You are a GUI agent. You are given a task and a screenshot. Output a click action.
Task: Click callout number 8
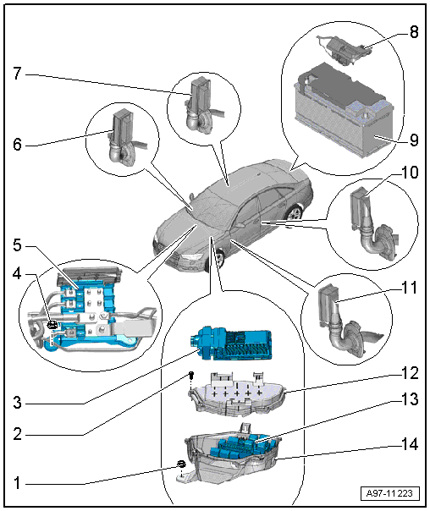[414, 32]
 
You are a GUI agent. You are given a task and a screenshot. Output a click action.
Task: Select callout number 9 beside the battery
[414, 140]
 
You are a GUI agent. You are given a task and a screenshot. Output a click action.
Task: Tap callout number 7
[18, 74]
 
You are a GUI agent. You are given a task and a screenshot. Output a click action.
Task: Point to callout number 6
[18, 145]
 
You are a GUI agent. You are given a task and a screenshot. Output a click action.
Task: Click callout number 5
[18, 245]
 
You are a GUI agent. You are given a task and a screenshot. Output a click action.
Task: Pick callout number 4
[18, 274]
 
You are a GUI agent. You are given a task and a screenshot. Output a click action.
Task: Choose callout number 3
[18, 403]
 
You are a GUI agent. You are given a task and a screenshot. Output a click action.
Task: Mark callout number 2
[18, 434]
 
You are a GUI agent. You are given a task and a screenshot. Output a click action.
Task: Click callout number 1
[18, 482]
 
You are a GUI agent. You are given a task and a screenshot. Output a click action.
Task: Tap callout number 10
[410, 173]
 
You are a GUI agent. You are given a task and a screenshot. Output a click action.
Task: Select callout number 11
[410, 288]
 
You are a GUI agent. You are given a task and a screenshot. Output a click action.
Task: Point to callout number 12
[410, 373]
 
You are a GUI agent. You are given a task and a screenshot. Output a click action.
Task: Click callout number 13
[410, 398]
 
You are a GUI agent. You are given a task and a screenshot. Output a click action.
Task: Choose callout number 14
[410, 444]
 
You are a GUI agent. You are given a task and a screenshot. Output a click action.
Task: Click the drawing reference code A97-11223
[390, 492]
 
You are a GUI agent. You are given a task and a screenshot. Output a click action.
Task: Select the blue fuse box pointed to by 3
[231, 343]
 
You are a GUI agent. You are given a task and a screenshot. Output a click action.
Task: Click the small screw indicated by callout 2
[192, 375]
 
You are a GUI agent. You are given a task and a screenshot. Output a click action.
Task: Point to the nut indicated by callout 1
[181, 464]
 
